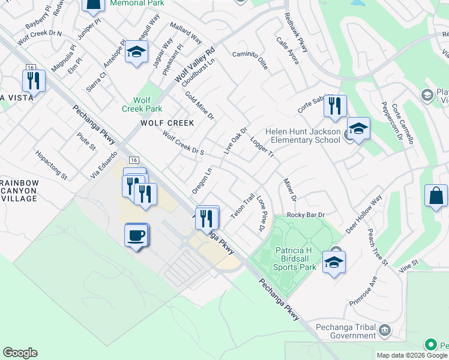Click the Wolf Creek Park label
(x=142, y=104)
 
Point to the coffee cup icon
(x=136, y=234)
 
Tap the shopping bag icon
(x=435, y=196)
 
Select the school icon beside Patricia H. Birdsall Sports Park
(x=334, y=262)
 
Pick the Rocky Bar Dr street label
(x=306, y=214)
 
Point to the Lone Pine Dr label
(x=261, y=213)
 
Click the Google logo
(x=20, y=353)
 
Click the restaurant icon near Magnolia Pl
(x=34, y=80)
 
